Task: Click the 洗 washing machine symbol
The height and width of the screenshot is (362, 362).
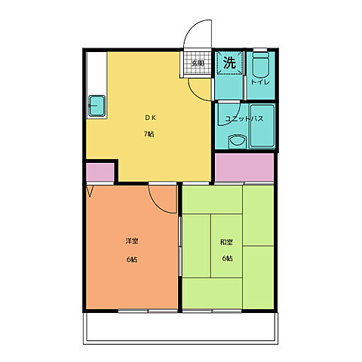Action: (230, 63)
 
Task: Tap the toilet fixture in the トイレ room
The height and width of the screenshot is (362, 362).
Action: (260, 65)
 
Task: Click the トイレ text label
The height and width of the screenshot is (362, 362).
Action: (260, 82)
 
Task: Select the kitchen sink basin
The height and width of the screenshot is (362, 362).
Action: (97, 106)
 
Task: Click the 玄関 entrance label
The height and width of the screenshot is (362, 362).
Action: (198, 63)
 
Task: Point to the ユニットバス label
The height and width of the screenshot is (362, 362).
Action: (244, 118)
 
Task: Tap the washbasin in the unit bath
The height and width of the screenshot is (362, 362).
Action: (238, 141)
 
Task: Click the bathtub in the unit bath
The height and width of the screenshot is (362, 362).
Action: (262, 126)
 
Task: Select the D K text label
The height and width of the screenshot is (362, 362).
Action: (151, 118)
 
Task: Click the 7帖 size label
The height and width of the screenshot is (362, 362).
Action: (149, 134)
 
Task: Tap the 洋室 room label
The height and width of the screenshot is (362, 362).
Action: (132, 241)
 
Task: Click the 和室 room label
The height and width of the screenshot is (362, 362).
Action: (226, 242)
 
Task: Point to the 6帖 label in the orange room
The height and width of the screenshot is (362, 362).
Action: (132, 259)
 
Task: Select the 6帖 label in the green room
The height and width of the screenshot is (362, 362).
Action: (227, 259)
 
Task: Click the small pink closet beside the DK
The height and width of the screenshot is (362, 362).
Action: (100, 172)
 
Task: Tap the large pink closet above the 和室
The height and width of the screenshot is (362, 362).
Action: (244, 167)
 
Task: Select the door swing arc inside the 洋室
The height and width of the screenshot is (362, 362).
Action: (157, 205)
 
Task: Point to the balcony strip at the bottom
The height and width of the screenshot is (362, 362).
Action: (180, 328)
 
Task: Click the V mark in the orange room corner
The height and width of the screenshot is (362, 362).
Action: (90, 192)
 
